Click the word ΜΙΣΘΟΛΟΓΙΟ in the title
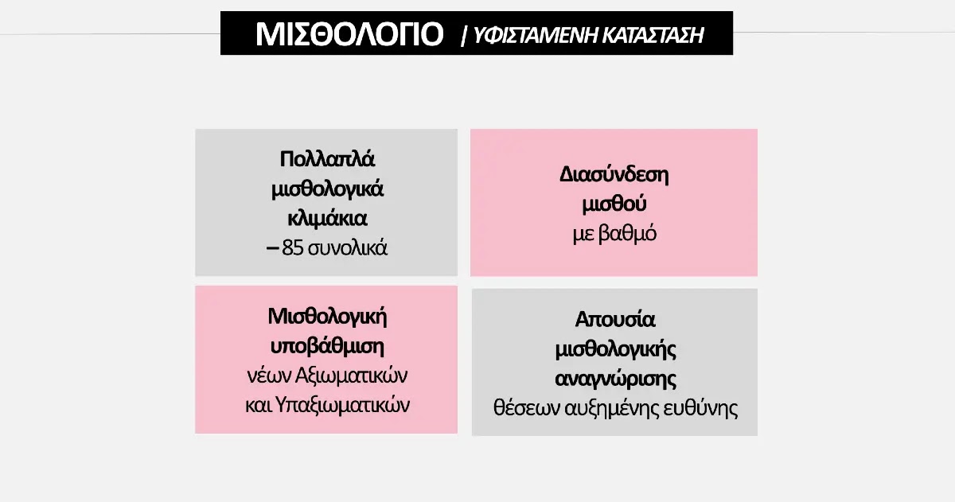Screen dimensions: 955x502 coord(349,33)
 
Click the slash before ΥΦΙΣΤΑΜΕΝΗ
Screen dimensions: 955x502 coord(465,35)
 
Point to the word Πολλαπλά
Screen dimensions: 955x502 coord(327,159)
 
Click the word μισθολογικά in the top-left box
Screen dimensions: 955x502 coord(327,189)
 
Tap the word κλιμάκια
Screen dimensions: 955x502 coord(327,219)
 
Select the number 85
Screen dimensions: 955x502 coord(293,248)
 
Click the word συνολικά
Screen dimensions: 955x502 coord(348,248)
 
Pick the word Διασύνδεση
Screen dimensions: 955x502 coord(614,175)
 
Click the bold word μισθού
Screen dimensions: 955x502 coord(614,204)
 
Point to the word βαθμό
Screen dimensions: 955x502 coord(628,234)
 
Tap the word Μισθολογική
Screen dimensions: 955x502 coord(327,317)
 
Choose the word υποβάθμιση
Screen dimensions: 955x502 coord(327,346)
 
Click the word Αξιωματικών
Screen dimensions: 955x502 coord(351,376)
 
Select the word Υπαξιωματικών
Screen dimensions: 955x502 coord(342,405)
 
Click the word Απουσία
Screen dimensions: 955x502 coord(614,320)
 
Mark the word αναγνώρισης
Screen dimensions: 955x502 coord(615,379)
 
